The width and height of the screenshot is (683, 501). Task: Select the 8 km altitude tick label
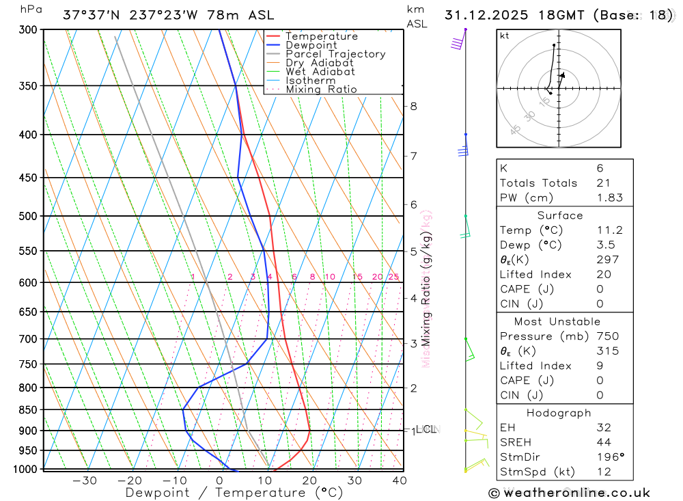click(413, 106)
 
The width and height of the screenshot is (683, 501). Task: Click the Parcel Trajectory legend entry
click(335, 54)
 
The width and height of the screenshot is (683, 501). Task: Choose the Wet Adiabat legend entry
click(320, 72)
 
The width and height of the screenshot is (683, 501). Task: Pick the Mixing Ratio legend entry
click(320, 90)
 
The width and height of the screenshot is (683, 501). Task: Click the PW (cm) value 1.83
click(609, 198)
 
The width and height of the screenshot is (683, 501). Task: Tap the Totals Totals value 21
click(602, 182)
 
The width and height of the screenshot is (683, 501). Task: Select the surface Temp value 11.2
click(609, 230)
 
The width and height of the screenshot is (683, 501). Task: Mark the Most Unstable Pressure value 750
click(607, 336)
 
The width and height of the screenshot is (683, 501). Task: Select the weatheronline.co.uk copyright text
click(569, 493)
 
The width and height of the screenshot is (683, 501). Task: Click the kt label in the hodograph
click(505, 36)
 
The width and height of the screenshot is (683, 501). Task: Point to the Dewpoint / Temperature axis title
click(234, 493)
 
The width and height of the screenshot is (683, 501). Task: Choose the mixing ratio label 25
click(393, 277)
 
